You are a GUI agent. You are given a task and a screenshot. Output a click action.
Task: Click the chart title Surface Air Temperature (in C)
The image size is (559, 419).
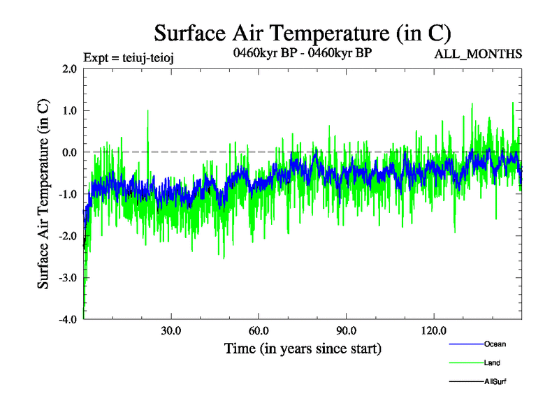[302, 34]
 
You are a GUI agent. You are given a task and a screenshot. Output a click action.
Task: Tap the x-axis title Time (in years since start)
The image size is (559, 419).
[303, 347]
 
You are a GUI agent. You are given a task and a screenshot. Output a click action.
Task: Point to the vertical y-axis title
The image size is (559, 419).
[43, 194]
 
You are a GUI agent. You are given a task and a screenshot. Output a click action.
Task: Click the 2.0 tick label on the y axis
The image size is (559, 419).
[69, 68]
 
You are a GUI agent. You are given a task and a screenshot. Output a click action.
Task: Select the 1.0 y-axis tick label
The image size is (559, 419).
[69, 110]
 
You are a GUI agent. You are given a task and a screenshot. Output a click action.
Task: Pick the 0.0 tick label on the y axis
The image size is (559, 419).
[69, 152]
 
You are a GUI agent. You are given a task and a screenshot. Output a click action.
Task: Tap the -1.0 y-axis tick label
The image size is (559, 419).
[68, 194]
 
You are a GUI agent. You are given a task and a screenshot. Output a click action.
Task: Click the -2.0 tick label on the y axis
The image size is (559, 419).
[68, 236]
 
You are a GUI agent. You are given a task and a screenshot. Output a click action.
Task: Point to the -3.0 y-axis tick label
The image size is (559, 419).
[68, 278]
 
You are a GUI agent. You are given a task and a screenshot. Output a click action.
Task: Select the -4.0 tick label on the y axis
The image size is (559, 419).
[68, 319]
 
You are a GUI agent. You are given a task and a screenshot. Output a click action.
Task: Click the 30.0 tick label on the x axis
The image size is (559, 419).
[170, 330]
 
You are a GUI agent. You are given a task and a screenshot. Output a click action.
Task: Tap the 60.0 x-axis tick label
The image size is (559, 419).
[259, 330]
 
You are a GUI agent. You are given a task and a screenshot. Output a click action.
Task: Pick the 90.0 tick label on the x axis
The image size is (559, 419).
[346, 330]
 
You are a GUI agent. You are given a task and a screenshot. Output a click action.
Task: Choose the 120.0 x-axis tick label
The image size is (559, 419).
[434, 330]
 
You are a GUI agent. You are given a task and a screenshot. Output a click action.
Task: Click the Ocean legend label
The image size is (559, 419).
[495, 344]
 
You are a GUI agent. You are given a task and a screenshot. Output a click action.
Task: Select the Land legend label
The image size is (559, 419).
[492, 363]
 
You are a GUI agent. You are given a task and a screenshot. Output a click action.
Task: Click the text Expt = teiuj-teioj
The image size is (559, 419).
[128, 57]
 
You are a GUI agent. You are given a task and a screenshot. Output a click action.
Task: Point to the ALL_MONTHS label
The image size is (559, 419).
[478, 54]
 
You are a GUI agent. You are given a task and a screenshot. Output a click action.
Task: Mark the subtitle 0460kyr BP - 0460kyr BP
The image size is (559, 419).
[302, 52]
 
